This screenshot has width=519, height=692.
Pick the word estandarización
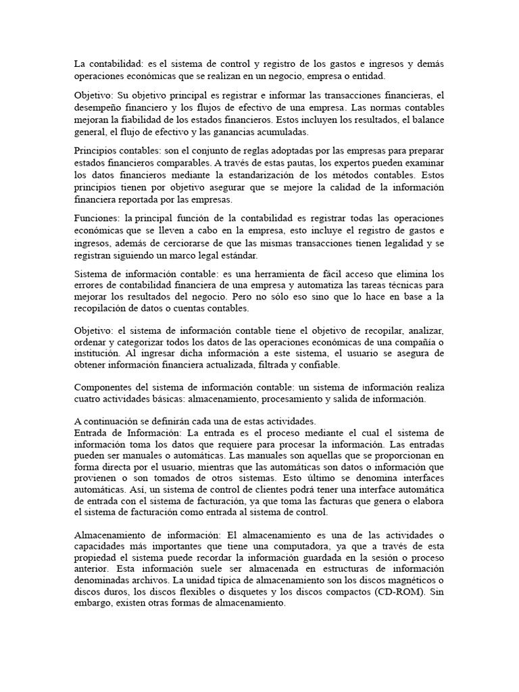[285, 174]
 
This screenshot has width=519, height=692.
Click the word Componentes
[102, 388]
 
